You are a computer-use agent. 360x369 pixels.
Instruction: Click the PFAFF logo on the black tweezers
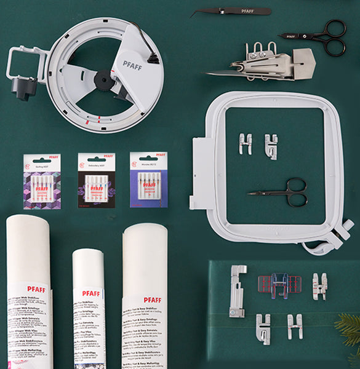247,10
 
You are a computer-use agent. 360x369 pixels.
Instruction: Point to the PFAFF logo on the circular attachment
132,64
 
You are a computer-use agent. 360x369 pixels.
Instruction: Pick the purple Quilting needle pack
42,181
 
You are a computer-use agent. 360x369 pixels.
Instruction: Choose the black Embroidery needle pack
96,180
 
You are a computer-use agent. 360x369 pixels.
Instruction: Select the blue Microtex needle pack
148,180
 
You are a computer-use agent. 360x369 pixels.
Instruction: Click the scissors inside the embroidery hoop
283,192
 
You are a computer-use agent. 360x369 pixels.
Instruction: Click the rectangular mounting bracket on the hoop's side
199,172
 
